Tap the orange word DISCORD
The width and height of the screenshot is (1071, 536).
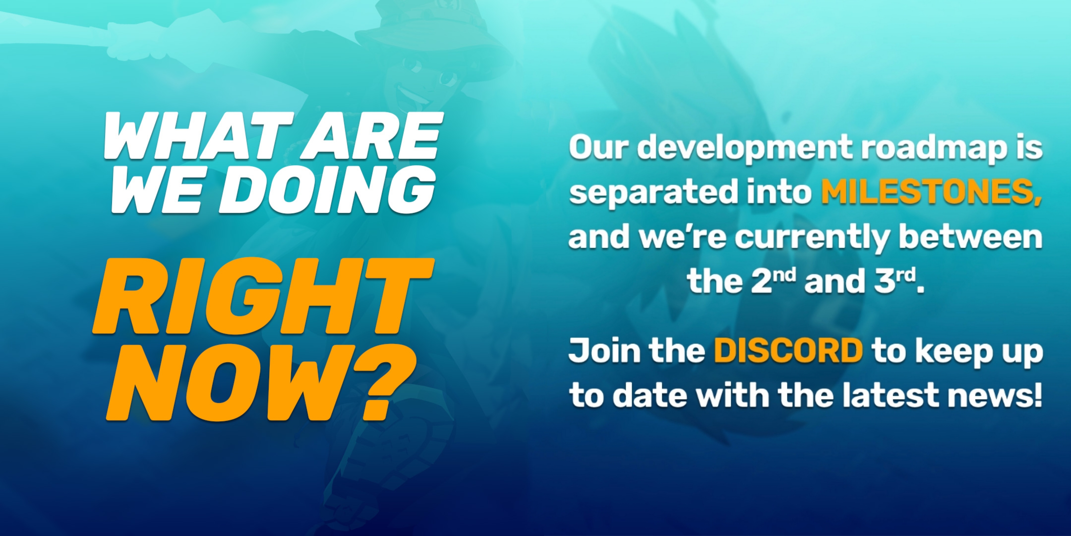click(x=788, y=350)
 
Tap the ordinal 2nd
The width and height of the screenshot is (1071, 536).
click(x=773, y=281)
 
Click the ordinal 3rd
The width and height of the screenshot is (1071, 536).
click(x=894, y=281)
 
